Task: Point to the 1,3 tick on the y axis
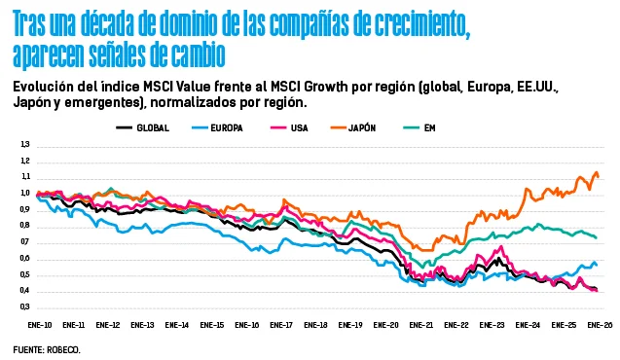coord(25,145)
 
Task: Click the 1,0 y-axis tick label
coord(25,194)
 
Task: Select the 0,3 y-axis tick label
coord(25,306)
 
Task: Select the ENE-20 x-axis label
coord(386,324)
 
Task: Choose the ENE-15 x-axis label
coord(211,324)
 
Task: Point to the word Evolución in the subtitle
coord(49,85)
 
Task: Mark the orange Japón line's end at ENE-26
coord(598,176)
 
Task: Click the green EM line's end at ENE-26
coord(596,237)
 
